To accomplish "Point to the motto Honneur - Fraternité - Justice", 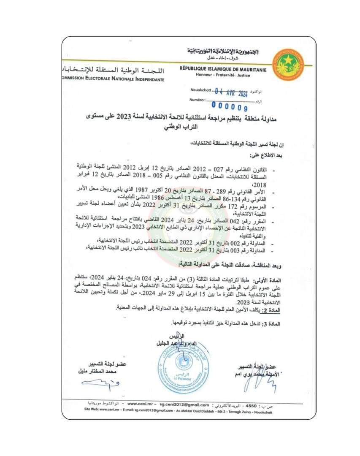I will (223, 75).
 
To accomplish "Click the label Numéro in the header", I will (197, 100).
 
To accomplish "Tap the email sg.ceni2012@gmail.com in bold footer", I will (184, 404).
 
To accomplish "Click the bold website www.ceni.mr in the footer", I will (138, 404).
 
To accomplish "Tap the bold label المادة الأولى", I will (297, 280).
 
